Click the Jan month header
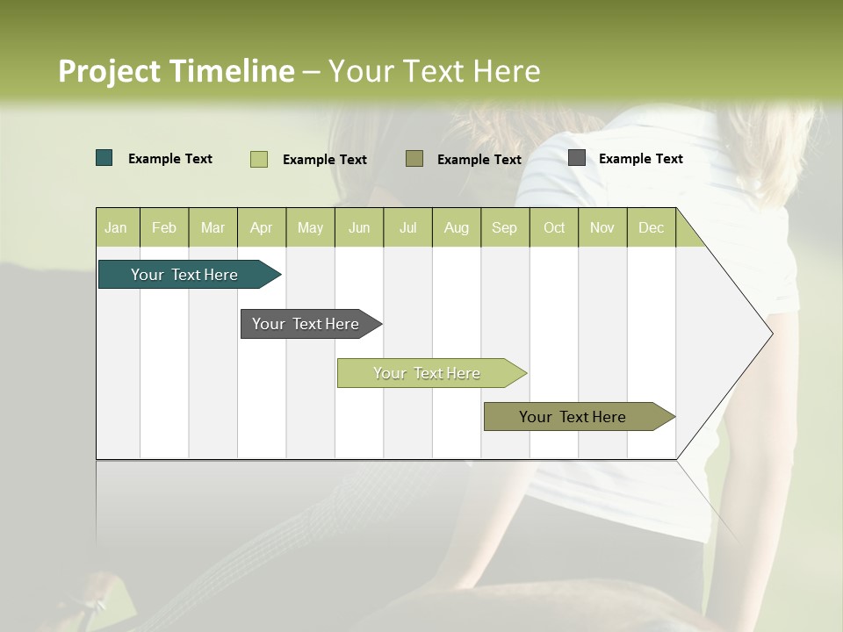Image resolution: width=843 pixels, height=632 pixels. (117, 227)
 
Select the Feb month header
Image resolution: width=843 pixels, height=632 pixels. (164, 227)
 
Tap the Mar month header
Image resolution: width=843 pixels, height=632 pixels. (213, 227)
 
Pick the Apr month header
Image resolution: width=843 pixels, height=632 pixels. (262, 227)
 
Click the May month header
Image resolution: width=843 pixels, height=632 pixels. (310, 227)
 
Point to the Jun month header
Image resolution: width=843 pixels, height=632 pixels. (359, 227)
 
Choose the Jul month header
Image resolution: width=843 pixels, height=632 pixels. (407, 227)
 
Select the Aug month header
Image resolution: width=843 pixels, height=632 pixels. (457, 227)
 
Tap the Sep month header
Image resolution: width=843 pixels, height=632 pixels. (505, 227)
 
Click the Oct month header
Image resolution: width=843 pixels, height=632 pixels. (554, 227)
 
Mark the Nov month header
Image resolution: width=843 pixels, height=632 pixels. (602, 227)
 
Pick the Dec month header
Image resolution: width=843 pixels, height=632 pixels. (652, 227)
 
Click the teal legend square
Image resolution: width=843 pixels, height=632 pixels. (104, 158)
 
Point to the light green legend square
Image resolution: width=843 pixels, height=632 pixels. (259, 159)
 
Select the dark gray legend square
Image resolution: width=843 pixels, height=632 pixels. (577, 158)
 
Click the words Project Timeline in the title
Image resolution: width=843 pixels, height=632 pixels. (177, 71)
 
